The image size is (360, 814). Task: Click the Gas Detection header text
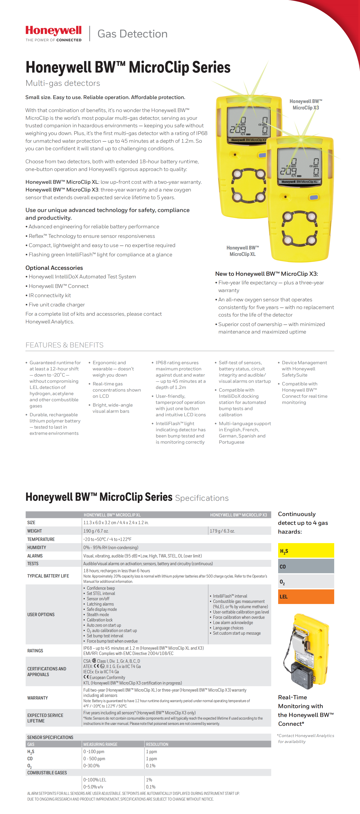(x=132, y=34)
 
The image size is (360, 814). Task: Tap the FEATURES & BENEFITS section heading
(x=64, y=345)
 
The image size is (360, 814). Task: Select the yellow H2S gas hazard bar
(x=306, y=550)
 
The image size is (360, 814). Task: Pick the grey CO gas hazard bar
(x=306, y=566)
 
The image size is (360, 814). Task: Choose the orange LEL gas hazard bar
(x=306, y=596)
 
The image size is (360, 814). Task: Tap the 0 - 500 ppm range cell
(x=94, y=758)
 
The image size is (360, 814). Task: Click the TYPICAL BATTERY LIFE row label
(x=48, y=576)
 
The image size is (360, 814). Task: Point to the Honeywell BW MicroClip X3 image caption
(x=306, y=104)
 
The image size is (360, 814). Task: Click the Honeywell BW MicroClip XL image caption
(x=242, y=251)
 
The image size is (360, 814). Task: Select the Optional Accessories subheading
(x=54, y=268)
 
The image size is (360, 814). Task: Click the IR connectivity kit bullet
(x=50, y=295)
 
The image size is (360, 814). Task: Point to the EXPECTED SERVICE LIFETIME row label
(x=45, y=718)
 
